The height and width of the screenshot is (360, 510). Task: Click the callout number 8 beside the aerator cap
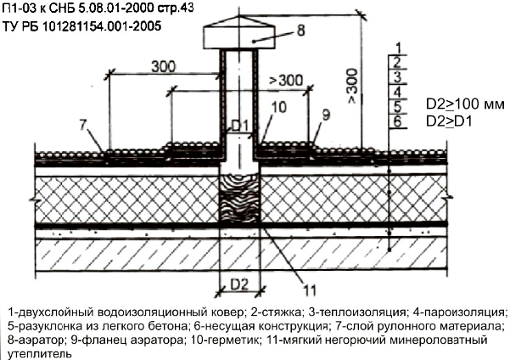[301, 31]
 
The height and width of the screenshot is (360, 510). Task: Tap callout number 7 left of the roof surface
[84, 126]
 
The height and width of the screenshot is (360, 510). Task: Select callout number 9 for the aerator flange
[326, 115]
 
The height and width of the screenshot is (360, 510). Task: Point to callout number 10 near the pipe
[278, 107]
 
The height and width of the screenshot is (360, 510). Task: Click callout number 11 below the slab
[310, 290]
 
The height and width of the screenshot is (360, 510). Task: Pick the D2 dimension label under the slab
[239, 284]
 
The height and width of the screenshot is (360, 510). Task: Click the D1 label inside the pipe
[239, 126]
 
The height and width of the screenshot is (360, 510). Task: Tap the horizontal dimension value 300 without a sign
[163, 67]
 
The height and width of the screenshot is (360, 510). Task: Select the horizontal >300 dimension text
[286, 80]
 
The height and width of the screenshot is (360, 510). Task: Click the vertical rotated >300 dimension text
[352, 87]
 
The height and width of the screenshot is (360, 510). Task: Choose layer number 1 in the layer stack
[398, 48]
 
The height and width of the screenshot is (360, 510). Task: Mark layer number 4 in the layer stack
[397, 92]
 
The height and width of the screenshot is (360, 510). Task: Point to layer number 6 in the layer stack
[397, 121]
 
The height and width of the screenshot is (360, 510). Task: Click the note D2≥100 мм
[465, 104]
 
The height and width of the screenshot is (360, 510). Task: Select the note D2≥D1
[449, 121]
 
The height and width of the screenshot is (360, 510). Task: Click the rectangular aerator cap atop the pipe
[239, 37]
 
